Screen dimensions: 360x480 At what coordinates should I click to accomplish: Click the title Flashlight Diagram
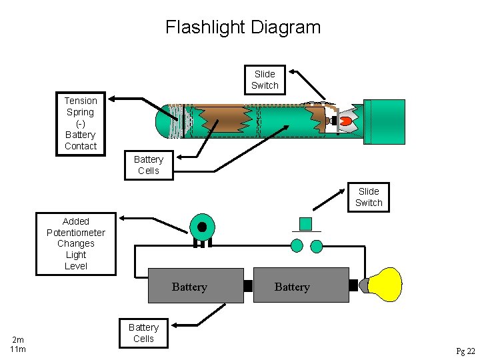[243, 27]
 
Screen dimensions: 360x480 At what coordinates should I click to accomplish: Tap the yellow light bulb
[386, 285]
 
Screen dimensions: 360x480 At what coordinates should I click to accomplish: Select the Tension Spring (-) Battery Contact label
[81, 123]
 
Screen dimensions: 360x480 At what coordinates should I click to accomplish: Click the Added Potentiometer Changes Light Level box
[75, 243]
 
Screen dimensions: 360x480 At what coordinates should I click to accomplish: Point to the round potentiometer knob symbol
[201, 226]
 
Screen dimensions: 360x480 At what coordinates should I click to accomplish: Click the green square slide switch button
[305, 223]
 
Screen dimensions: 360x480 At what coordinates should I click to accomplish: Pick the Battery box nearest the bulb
[301, 286]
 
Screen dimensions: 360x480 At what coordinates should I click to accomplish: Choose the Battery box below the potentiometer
[195, 286]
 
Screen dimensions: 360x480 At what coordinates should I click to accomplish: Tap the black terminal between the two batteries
[248, 286]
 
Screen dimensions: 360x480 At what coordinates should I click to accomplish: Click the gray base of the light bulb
[365, 285]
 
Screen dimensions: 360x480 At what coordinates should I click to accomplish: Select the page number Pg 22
[465, 351]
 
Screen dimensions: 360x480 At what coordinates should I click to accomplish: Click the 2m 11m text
[18, 344]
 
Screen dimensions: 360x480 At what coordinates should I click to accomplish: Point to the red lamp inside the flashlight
[345, 121]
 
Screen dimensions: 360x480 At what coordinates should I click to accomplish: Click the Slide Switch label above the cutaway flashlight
[265, 79]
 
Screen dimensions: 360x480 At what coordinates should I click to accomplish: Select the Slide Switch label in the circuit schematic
[369, 197]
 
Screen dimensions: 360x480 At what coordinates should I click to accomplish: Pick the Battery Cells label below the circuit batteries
[143, 333]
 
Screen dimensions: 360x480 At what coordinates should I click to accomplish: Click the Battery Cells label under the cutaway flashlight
[148, 165]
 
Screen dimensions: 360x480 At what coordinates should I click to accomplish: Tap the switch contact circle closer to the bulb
[317, 247]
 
